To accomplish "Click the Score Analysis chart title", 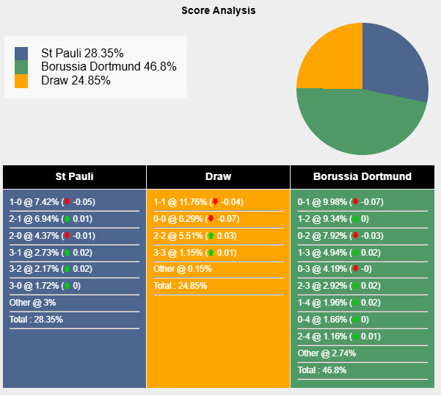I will click(219, 11).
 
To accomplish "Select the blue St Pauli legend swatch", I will click(21, 54).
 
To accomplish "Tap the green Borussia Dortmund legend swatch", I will click(21, 68).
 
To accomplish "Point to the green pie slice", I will click(360, 125).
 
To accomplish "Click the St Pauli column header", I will click(74, 176).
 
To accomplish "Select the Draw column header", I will click(218, 176).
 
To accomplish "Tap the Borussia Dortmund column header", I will click(362, 176).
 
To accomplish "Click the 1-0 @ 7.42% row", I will click(52, 202).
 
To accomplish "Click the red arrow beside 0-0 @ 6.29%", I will click(211, 219).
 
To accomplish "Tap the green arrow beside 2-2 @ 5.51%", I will click(210, 235).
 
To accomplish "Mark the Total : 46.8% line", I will click(322, 370).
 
